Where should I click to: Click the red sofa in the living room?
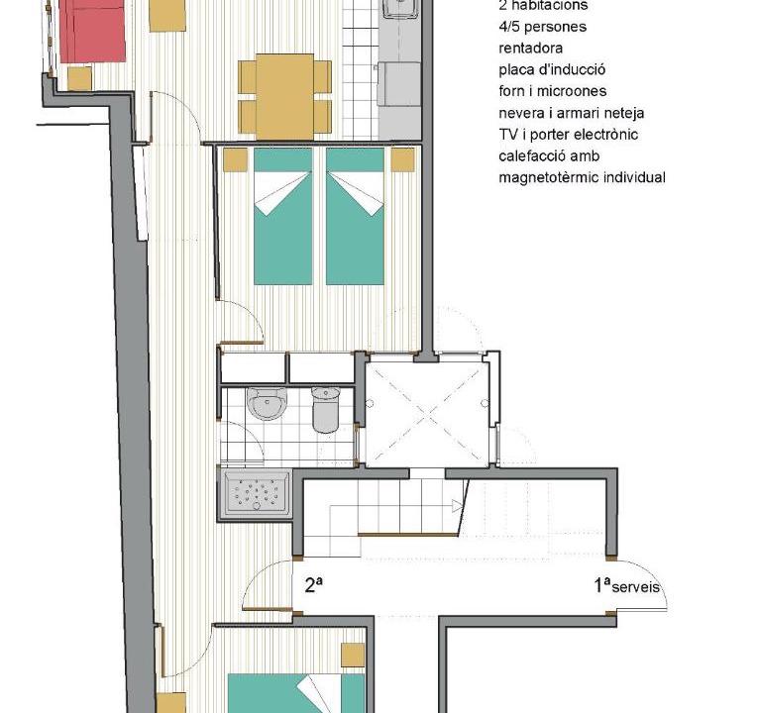point(92,31)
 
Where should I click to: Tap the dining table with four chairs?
point(284,97)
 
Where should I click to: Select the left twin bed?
point(283,216)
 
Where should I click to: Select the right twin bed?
point(356,216)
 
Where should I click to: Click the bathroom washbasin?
point(267,403)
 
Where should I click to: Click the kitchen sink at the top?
point(400,9)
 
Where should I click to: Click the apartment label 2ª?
point(314,584)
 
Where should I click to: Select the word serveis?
point(635,587)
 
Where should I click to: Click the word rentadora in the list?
point(530,49)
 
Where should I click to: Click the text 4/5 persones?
point(543,27)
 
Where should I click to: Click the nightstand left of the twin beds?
point(236,159)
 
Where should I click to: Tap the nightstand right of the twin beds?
point(402,159)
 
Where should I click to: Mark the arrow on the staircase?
point(457,507)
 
